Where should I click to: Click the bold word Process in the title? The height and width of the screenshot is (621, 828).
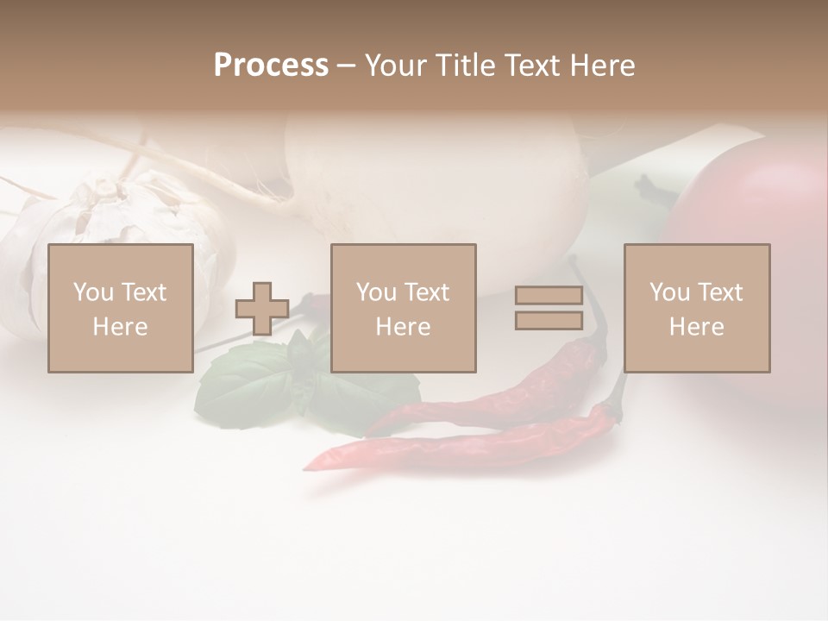tap(271, 66)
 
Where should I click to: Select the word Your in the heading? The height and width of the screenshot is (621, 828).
tap(396, 66)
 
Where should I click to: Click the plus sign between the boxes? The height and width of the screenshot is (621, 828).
tap(262, 309)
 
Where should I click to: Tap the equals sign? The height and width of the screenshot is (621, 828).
tap(549, 308)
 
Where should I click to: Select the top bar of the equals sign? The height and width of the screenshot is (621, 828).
tap(549, 296)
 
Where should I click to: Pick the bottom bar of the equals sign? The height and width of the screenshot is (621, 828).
tap(549, 320)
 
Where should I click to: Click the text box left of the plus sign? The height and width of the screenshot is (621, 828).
tap(121, 308)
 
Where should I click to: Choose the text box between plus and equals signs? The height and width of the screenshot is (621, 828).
tap(404, 308)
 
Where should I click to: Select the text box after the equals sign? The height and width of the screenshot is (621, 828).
tap(697, 308)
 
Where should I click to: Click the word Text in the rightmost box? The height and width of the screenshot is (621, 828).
tap(719, 292)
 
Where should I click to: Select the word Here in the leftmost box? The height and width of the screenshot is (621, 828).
tap(121, 327)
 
